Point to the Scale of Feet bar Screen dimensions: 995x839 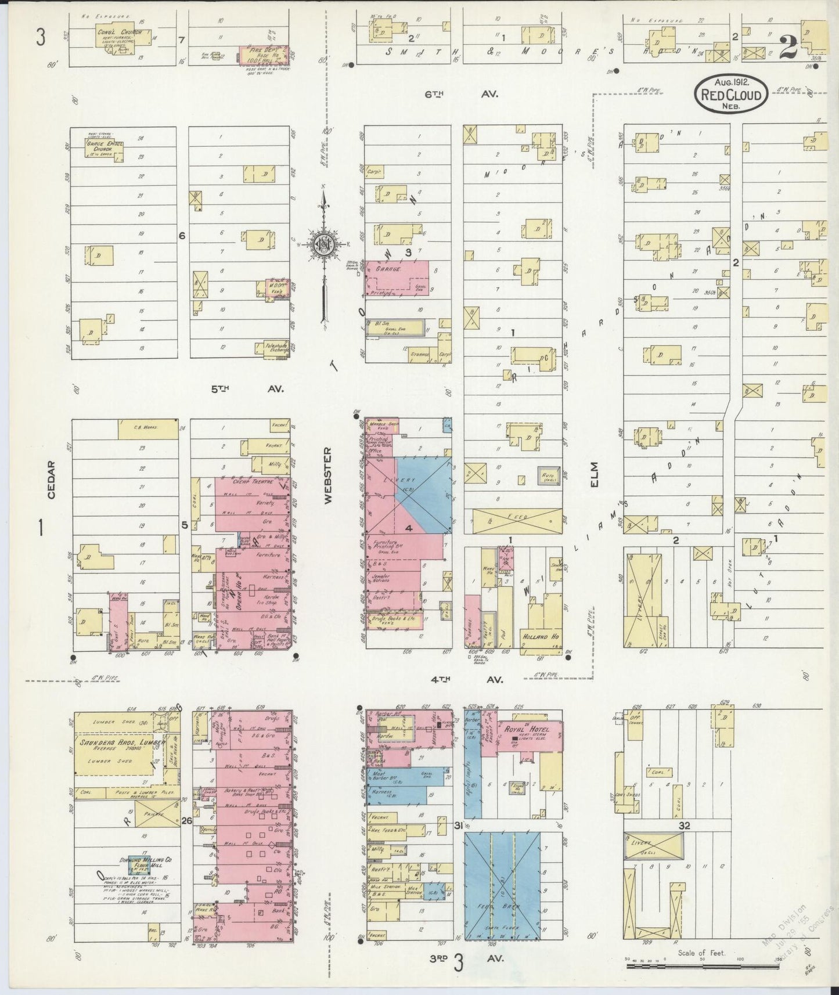pyautogui.click(x=703, y=967)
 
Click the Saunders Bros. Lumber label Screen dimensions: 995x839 pyautogui.click(x=119, y=742)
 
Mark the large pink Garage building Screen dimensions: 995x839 pyautogui.click(x=396, y=277)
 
